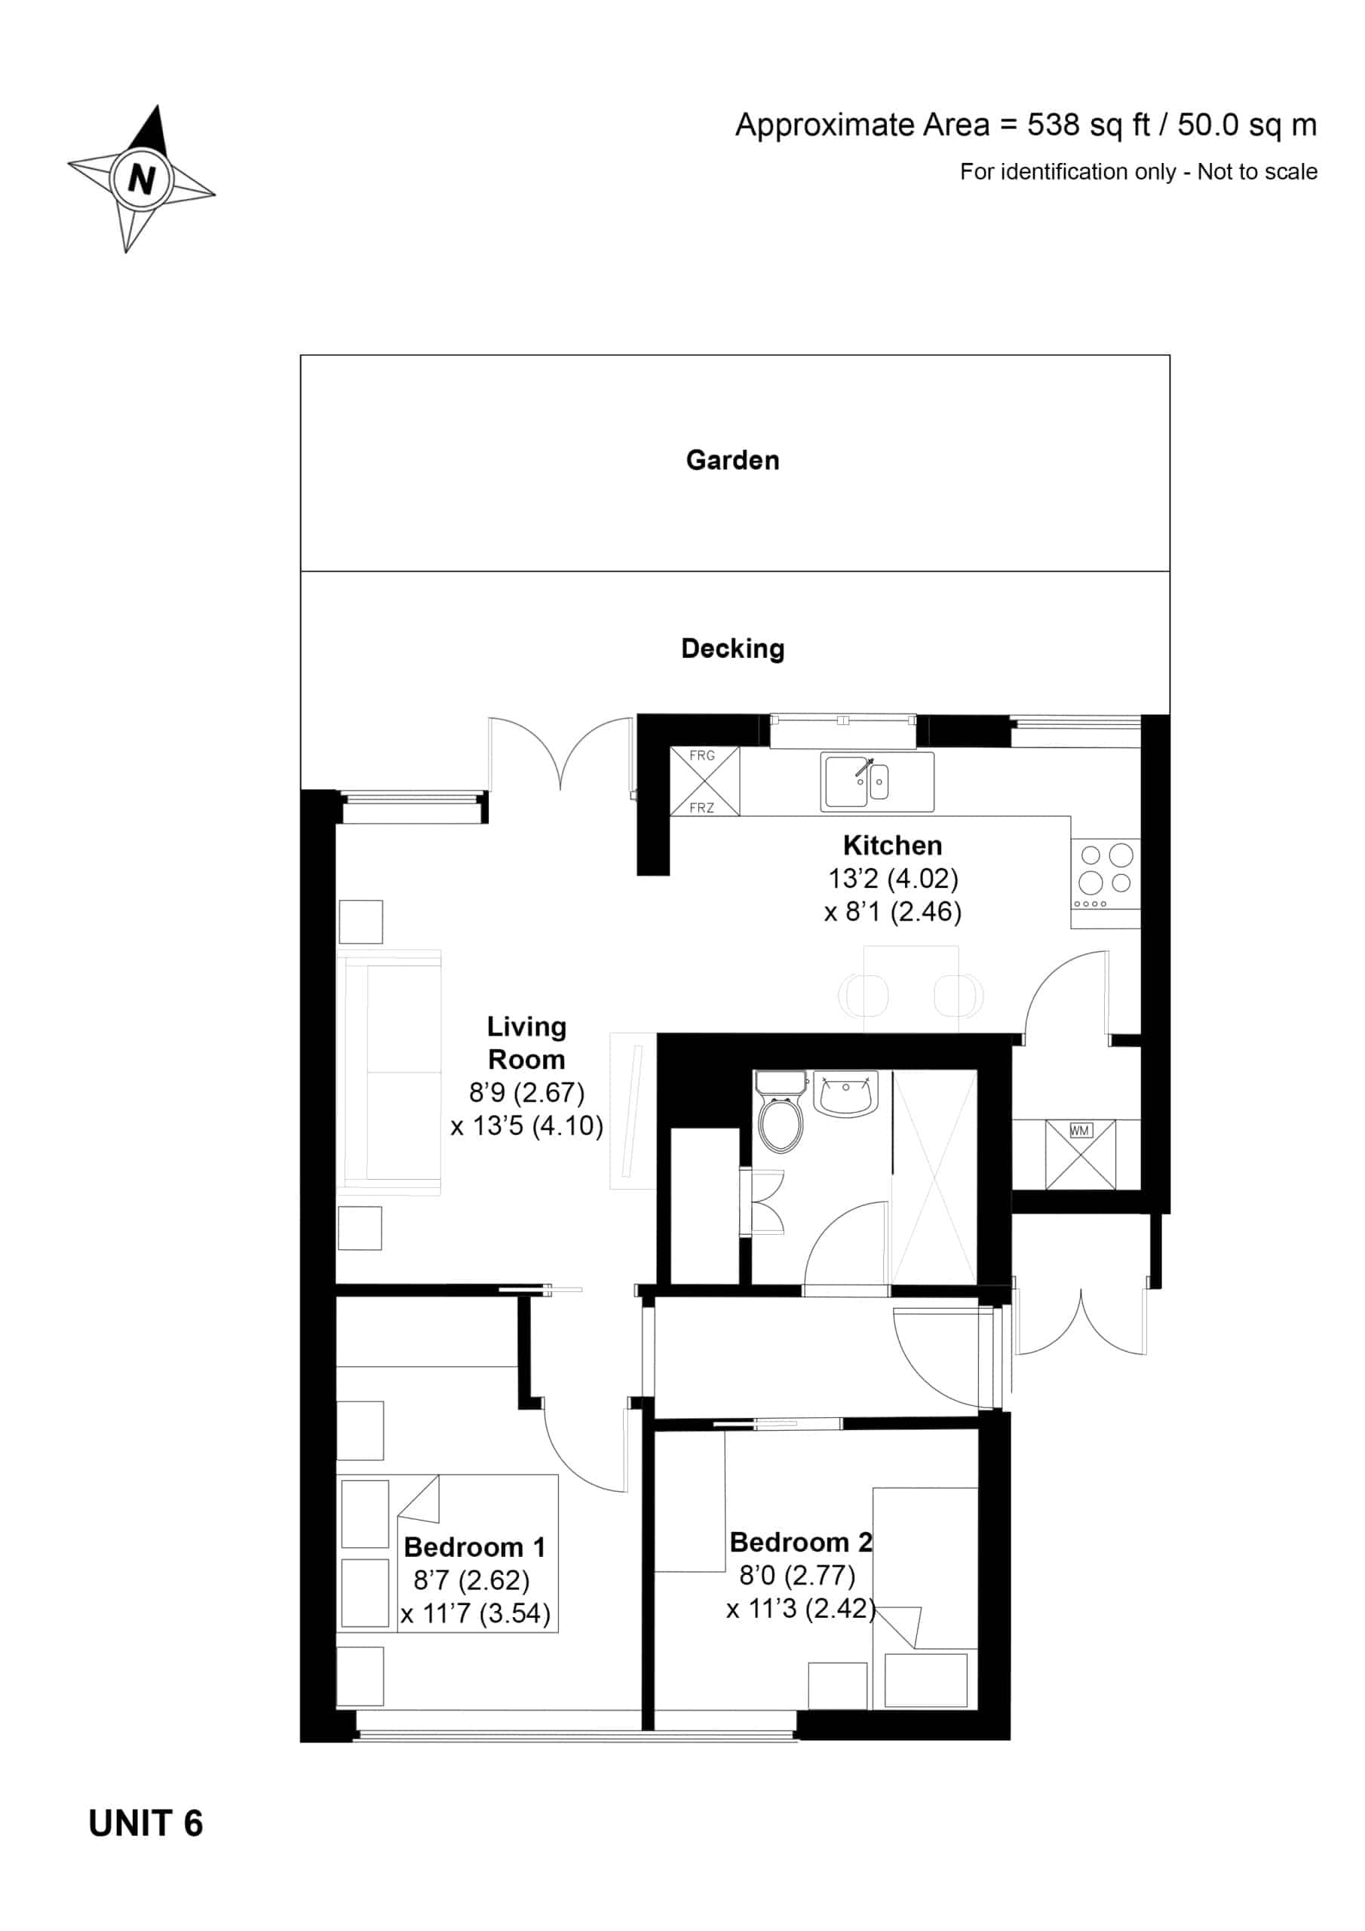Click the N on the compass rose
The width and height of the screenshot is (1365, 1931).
[141, 178]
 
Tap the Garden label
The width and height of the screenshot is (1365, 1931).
[732, 460]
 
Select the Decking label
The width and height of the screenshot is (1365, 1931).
[732, 649]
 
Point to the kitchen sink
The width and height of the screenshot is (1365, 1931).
[877, 781]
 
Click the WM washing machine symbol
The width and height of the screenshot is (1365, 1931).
[1080, 1154]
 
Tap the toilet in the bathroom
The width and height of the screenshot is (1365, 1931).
[781, 1110]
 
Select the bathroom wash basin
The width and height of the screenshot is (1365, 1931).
[845, 1093]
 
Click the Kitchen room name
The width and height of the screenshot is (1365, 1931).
[892, 846]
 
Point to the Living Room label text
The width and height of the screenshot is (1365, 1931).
[526, 1043]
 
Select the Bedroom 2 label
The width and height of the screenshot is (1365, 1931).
[801, 1542]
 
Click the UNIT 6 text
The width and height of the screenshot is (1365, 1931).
[146, 1823]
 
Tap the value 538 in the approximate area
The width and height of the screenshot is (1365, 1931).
[1053, 124]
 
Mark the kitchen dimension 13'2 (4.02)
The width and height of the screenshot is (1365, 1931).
[893, 878]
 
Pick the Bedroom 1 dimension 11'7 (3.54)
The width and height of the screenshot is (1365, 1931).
[475, 1613]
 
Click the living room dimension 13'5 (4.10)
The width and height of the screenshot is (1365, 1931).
[526, 1125]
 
